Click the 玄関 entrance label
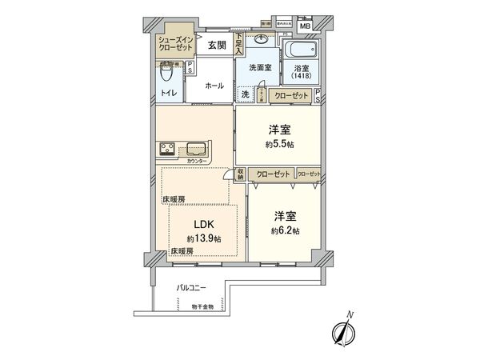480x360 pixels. pos(217,46)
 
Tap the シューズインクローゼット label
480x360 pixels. pos(175,44)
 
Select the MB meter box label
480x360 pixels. pos(304,26)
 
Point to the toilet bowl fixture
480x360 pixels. pos(166,74)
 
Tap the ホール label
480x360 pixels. pos(214,86)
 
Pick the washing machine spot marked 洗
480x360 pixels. pos(246,94)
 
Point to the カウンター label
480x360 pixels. pos(197,162)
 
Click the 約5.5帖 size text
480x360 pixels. pos(278,145)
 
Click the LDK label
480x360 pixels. pos(201,226)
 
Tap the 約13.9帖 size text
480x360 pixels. pos(205,239)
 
